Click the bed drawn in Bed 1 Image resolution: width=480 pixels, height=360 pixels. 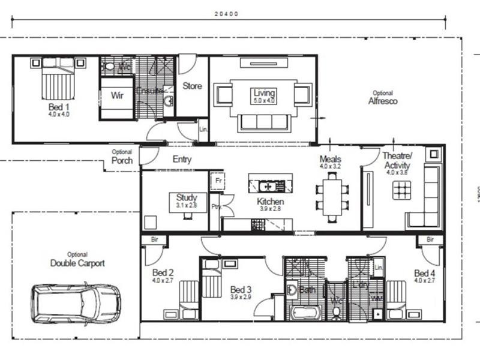click(x=58, y=79)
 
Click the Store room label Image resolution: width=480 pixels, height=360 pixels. click(x=192, y=86)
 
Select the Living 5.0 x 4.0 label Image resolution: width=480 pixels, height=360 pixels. click(x=264, y=96)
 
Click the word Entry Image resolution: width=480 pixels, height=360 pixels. click(x=182, y=160)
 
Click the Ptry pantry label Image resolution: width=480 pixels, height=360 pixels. click(x=215, y=206)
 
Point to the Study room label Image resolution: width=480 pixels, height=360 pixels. click(x=187, y=200)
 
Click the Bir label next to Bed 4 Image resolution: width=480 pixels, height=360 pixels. click(x=430, y=240)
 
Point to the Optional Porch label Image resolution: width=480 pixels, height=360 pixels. click(x=122, y=157)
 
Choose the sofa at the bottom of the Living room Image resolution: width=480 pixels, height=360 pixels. click(x=265, y=122)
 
